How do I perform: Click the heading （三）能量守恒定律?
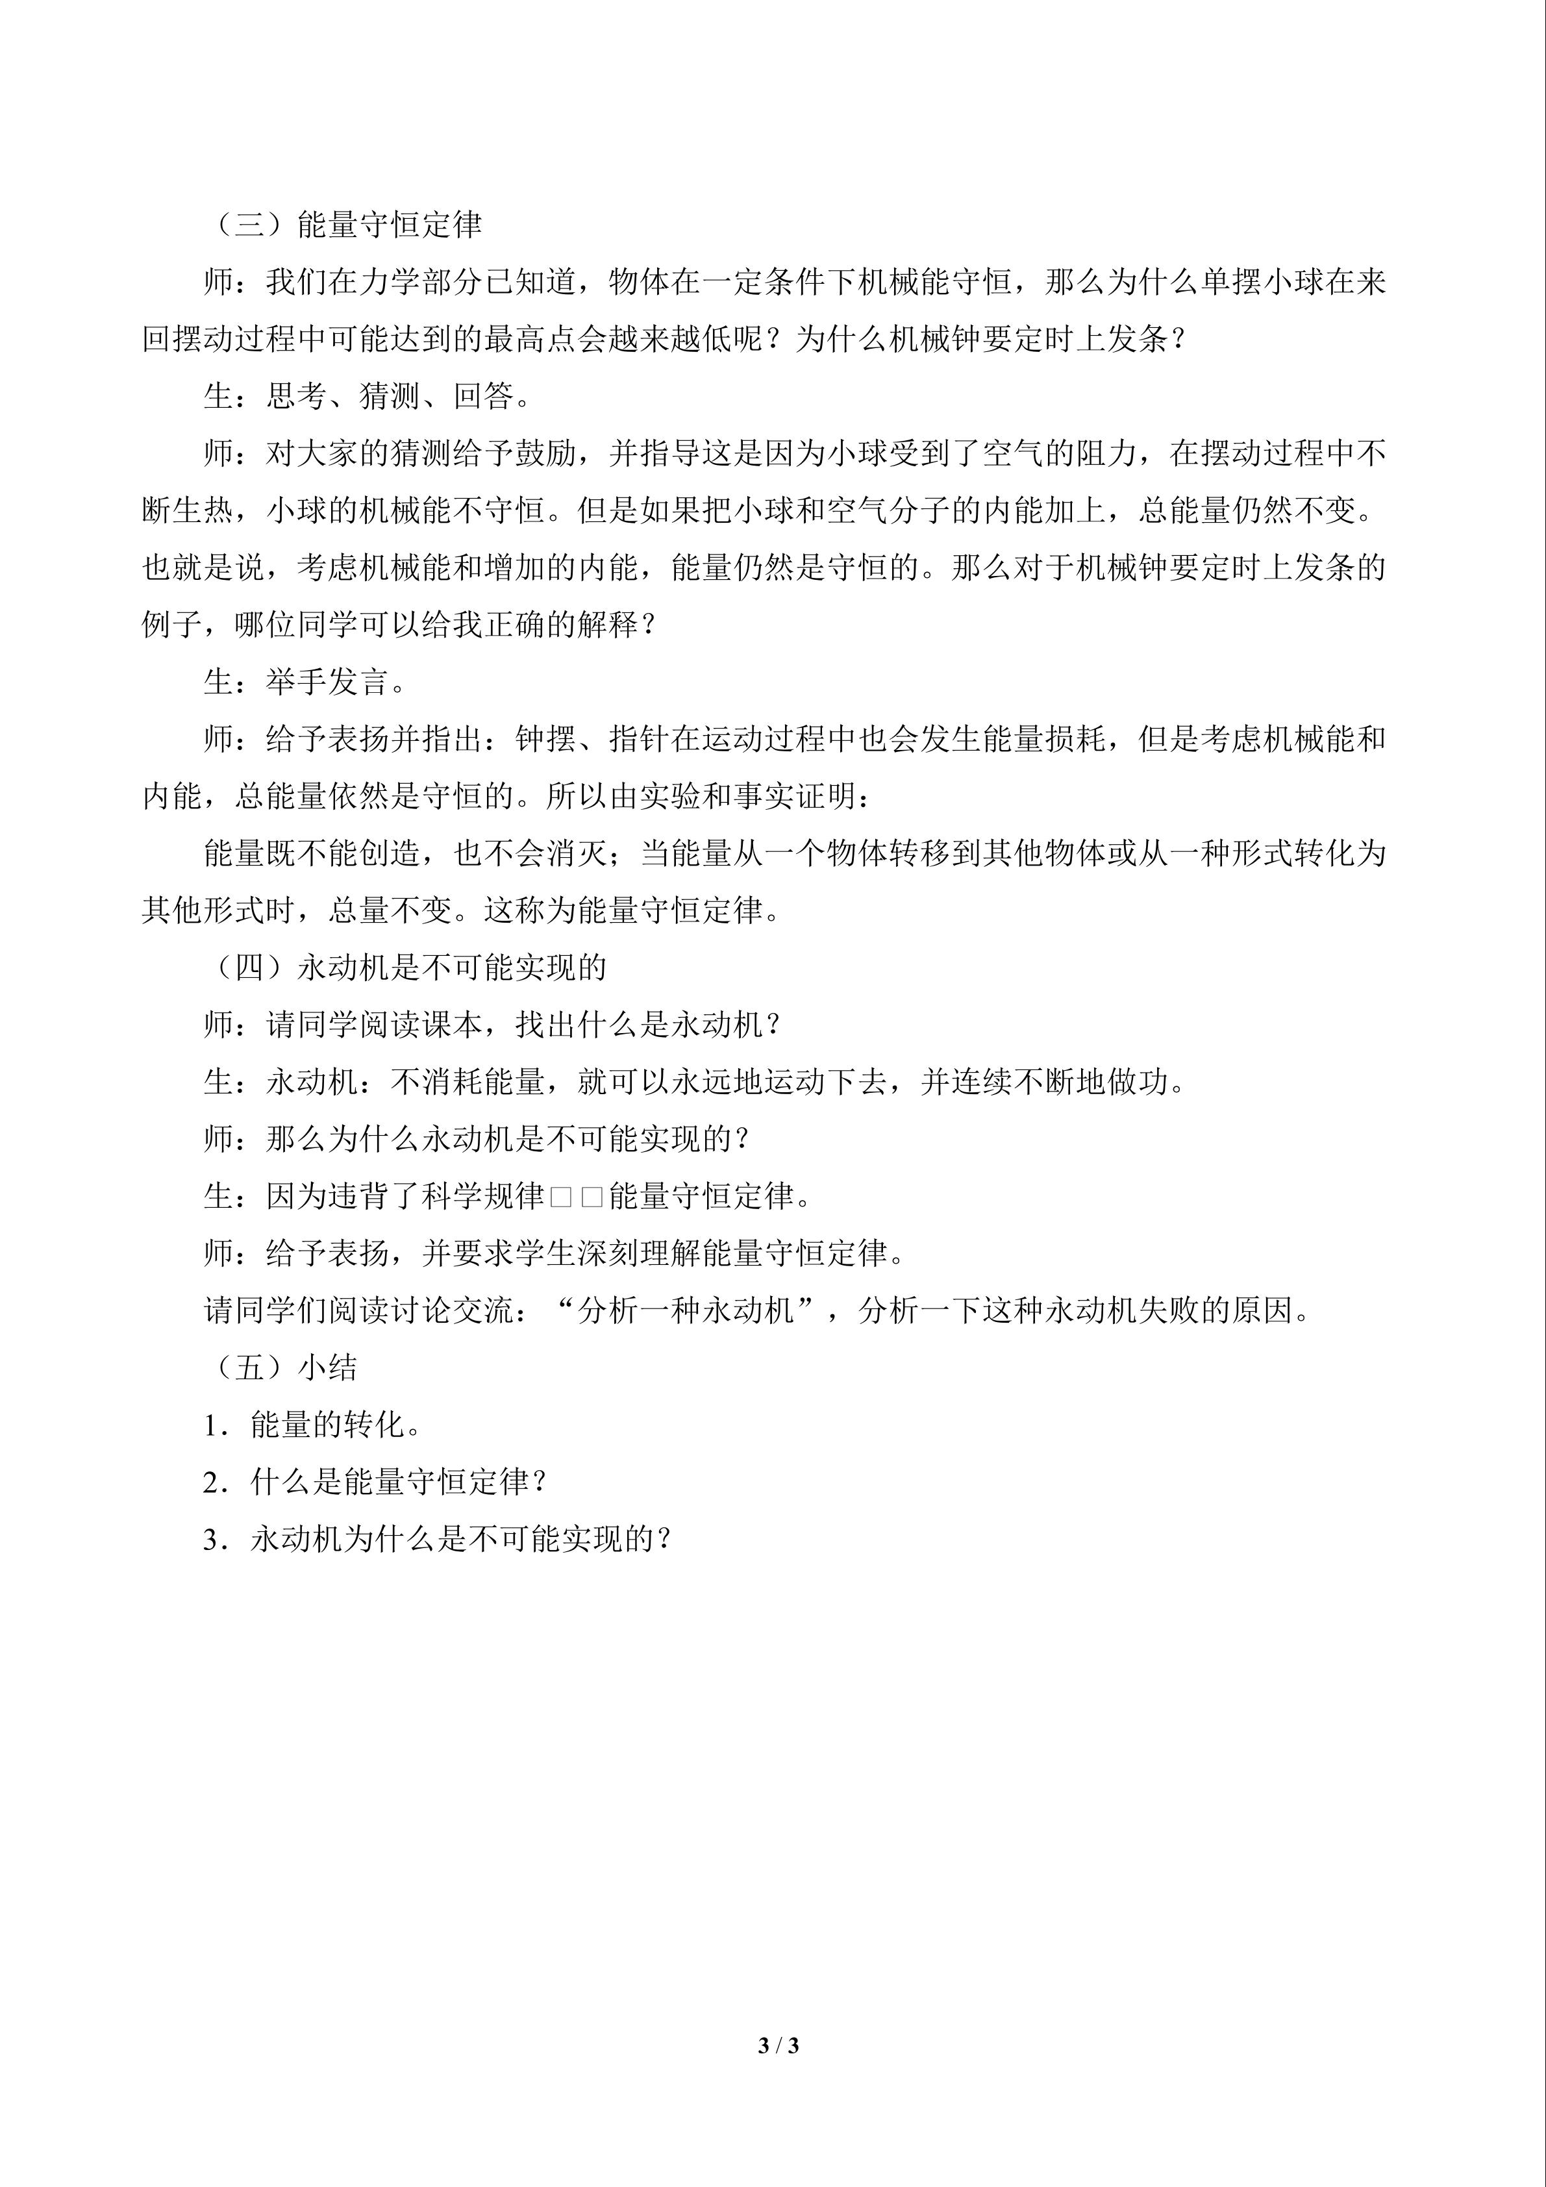[x=345, y=225]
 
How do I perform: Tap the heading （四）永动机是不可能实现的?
[x=406, y=968]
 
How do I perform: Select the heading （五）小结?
[x=282, y=1368]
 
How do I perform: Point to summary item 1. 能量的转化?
[x=312, y=1425]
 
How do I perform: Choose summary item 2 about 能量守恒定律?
[x=375, y=1482]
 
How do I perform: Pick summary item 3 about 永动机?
[x=438, y=1540]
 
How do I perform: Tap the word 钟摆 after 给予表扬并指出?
[x=546, y=739]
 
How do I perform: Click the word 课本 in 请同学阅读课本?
[x=453, y=1025]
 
